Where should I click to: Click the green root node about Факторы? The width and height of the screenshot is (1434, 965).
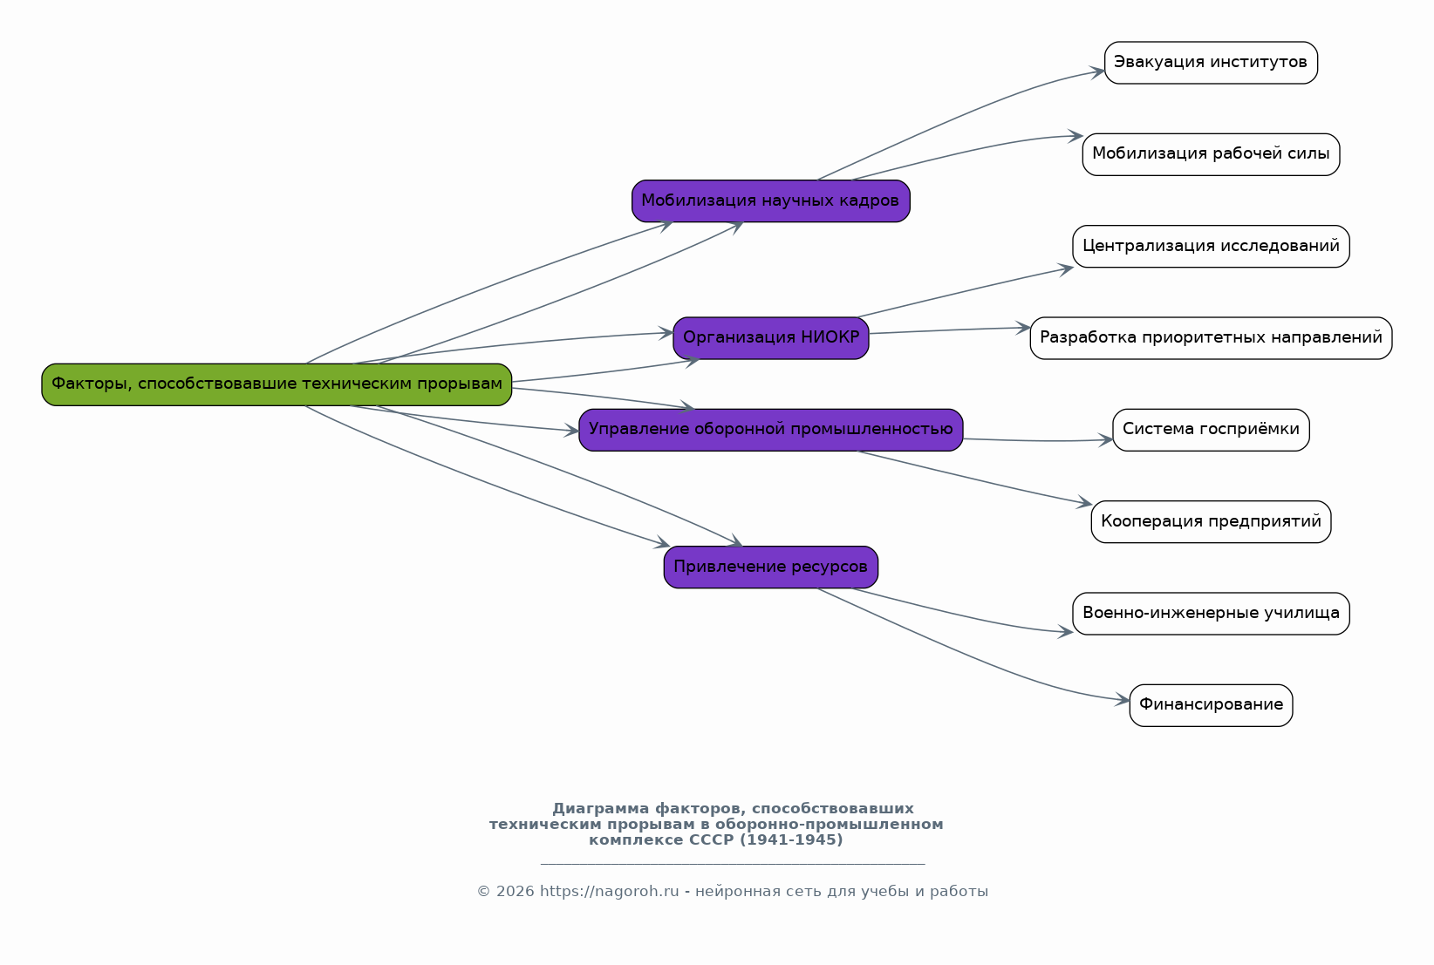[277, 384]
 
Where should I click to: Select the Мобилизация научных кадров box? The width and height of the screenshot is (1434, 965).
[771, 201]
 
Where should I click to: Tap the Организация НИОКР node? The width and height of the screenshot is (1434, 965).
[771, 338]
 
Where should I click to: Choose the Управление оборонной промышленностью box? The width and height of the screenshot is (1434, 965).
[771, 430]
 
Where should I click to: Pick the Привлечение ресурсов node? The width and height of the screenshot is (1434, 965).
[771, 567]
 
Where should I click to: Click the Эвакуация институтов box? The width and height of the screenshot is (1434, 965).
[1212, 63]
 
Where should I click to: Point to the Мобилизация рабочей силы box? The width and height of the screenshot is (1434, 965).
[1212, 154]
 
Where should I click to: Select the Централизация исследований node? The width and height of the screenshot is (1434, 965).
[1212, 247]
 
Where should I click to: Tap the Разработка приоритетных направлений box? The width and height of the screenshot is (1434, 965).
[1212, 338]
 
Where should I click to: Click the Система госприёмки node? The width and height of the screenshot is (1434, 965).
[1212, 430]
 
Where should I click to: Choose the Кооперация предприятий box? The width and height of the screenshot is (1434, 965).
[1212, 521]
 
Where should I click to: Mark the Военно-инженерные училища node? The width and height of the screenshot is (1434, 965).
[1212, 614]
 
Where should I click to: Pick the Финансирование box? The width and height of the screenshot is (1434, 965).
[1212, 705]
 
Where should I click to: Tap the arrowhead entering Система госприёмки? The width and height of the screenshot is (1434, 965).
[1105, 439]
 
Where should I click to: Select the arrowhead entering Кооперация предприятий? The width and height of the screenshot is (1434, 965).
[1084, 503]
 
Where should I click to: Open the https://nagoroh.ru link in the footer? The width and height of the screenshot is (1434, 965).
[610, 892]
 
